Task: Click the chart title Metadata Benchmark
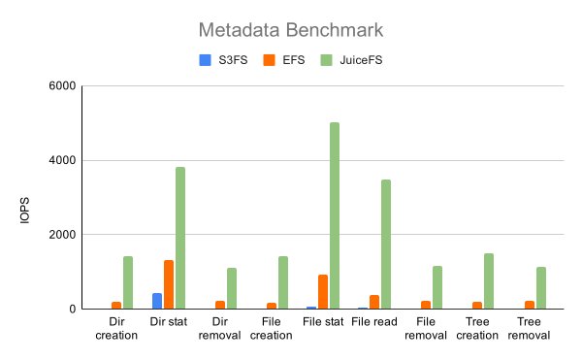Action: point(290,30)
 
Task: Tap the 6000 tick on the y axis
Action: point(61,85)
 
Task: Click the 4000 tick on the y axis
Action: point(61,160)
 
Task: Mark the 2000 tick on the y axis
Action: point(61,235)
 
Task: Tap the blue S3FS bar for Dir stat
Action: point(157,301)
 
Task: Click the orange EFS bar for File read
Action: point(374,302)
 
